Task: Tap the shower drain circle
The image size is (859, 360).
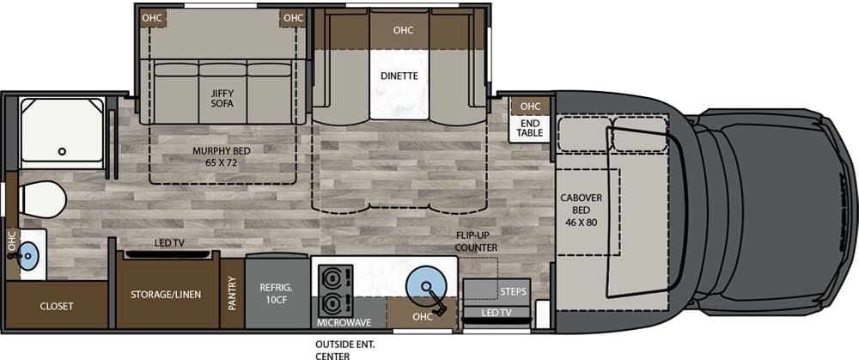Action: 63,151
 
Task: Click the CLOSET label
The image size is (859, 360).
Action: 57,307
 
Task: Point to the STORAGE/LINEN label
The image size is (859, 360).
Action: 166,294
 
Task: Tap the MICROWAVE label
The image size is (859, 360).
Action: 344,323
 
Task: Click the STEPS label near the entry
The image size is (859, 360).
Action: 514,291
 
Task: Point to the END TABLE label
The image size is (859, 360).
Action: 530,128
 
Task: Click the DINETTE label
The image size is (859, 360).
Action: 399,76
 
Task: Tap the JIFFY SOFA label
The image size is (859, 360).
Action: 222,99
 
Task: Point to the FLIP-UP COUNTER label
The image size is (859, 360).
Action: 476,242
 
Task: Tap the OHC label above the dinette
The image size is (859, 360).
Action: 403,30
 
